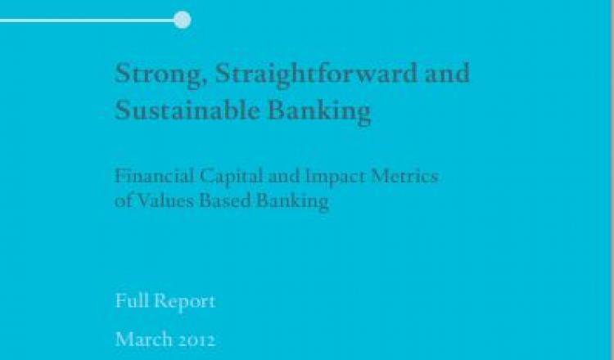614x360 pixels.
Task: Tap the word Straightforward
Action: click(x=316, y=74)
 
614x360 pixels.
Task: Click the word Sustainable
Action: click(x=187, y=110)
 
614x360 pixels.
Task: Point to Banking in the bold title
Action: click(x=318, y=112)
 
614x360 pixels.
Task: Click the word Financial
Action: click(x=154, y=176)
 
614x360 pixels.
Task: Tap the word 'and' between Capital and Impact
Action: click(x=284, y=177)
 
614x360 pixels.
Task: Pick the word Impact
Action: click(x=335, y=178)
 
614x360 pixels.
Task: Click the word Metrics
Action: click(x=404, y=176)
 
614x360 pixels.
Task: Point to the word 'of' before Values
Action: click(x=121, y=201)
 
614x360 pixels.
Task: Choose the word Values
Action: click(x=162, y=201)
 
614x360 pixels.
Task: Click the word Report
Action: click(x=184, y=303)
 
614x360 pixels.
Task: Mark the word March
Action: click(x=144, y=340)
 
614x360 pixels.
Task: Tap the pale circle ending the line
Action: click(x=183, y=20)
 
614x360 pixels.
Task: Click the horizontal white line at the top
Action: click(x=88, y=20)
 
